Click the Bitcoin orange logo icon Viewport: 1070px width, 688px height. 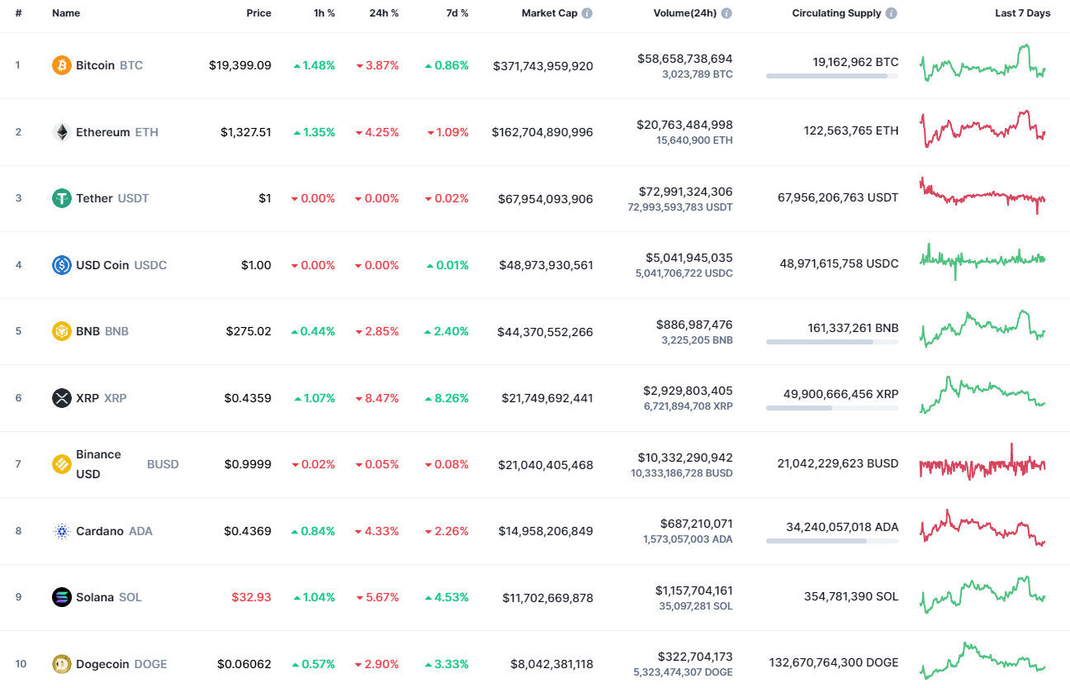coord(62,65)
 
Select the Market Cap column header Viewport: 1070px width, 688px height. coord(549,13)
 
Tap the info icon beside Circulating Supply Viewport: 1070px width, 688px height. coord(892,13)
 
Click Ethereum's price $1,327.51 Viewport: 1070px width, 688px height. coord(245,132)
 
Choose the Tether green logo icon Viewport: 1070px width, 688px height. coord(62,198)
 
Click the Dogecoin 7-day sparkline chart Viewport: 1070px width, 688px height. coord(982,661)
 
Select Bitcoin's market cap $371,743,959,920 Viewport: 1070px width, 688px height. coord(542,65)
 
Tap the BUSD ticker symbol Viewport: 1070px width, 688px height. coord(163,464)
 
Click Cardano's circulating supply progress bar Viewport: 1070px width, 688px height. coord(831,541)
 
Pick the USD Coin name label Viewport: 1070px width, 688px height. coord(102,265)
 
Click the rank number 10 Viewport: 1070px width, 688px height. coord(21,664)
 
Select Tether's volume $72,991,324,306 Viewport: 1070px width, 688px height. coord(684,192)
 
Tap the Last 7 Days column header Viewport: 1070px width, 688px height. coord(1022,13)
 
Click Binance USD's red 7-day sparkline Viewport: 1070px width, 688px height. coord(982,464)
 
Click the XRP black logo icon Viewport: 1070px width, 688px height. coord(62,398)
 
